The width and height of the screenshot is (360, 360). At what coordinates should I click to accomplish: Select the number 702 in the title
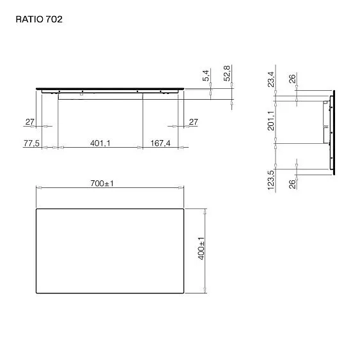click(54, 19)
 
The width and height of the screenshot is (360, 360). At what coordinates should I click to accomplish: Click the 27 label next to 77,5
click(29, 121)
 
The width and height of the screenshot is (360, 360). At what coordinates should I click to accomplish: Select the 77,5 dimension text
click(31, 143)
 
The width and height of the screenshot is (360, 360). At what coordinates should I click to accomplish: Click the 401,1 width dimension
click(100, 143)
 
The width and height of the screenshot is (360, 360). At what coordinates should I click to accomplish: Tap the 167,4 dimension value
click(160, 143)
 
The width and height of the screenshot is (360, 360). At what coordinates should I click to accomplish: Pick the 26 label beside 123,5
click(292, 185)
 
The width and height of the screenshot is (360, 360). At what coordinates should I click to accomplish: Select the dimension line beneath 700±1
click(109, 188)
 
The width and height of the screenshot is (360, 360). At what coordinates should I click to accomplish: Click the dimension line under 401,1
click(100, 148)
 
